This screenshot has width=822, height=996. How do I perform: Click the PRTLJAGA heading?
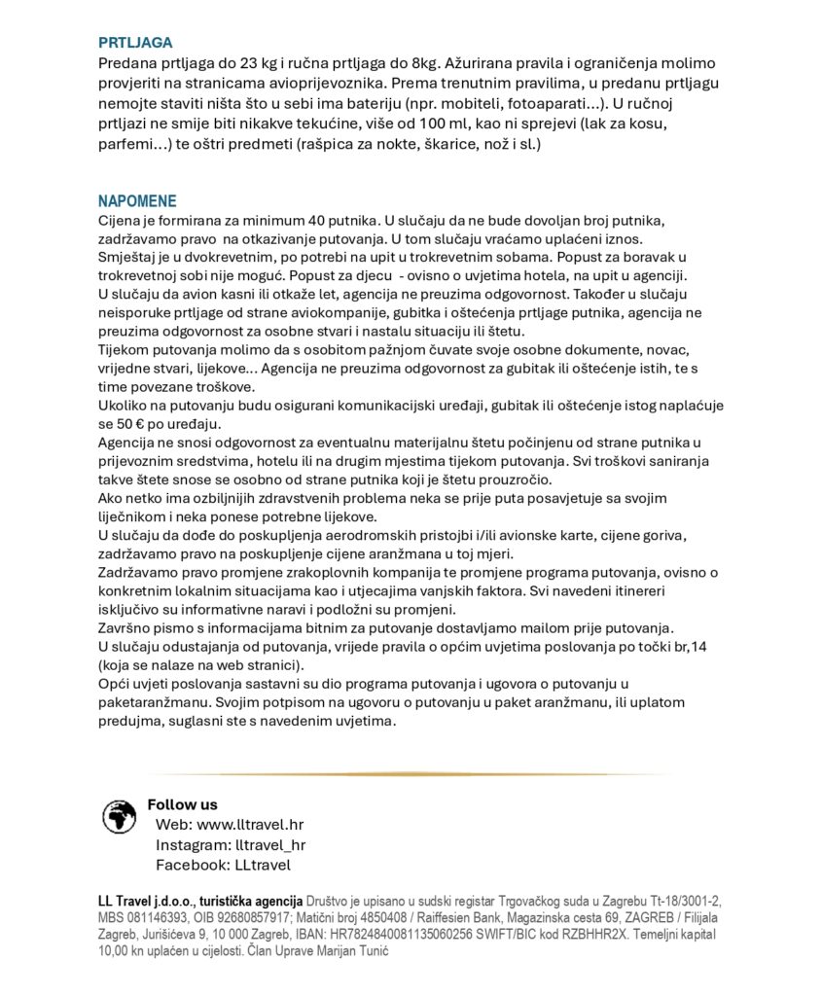pos(135,43)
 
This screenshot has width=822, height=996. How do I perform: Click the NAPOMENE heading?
pos(137,201)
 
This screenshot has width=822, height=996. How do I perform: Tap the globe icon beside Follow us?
pos(120,816)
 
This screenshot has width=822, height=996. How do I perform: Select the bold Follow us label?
pos(182,804)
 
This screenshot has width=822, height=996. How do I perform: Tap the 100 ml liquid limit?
pos(463,124)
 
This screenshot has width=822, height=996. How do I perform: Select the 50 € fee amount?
pos(134,424)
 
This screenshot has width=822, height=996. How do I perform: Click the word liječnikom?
pos(136,516)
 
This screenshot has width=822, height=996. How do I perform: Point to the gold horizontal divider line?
pos(411,774)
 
